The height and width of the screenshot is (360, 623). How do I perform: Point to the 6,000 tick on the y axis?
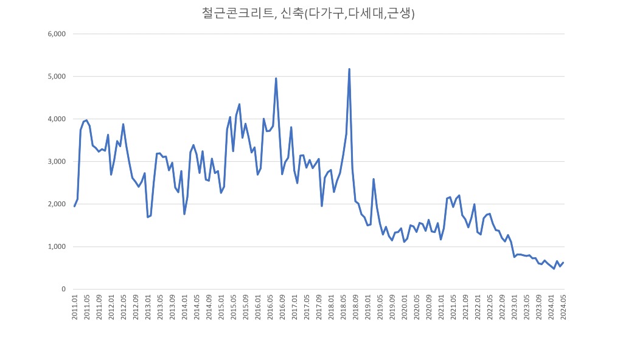[56, 34]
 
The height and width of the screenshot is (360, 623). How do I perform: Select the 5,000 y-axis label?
[56, 77]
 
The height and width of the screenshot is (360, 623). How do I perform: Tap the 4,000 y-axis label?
[56, 119]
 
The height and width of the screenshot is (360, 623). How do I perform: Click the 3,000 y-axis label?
[56, 162]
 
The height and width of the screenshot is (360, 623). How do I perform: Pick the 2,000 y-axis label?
[56, 204]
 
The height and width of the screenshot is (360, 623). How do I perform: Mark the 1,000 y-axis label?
[56, 247]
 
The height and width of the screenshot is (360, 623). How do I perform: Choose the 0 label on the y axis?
[63, 289]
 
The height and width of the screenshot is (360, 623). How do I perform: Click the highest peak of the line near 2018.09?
[349, 69]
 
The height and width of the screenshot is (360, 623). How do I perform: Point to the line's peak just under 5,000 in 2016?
[276, 78]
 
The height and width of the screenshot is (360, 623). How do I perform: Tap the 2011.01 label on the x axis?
[75, 311]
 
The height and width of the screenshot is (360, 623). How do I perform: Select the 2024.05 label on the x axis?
[563, 311]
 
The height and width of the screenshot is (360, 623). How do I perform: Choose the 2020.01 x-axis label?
[405, 311]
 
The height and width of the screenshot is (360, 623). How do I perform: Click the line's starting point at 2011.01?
[74, 206]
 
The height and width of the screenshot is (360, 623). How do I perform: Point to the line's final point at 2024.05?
[563, 263]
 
